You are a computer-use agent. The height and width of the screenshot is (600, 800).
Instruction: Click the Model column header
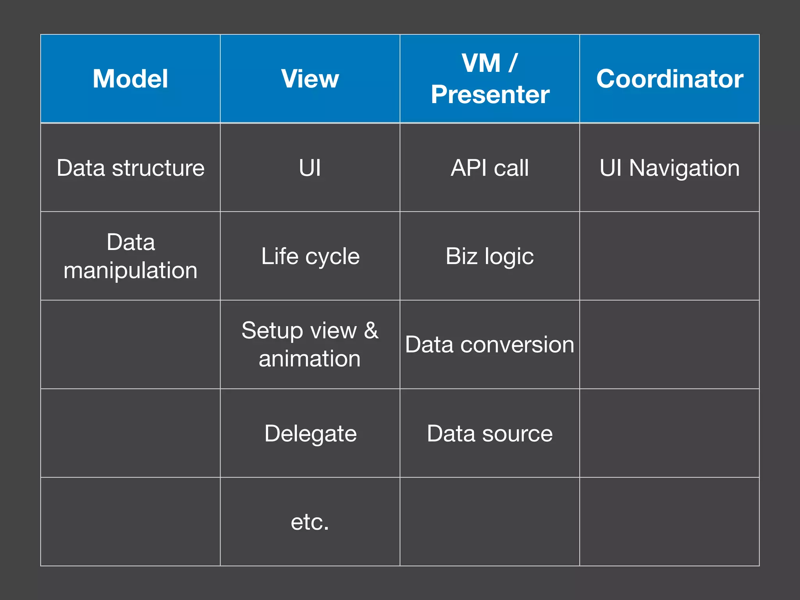(x=130, y=79)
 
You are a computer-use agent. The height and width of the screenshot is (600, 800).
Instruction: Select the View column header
(x=310, y=79)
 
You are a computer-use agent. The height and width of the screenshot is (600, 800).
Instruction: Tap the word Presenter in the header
(x=490, y=95)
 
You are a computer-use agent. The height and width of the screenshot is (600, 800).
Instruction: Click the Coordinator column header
(x=670, y=79)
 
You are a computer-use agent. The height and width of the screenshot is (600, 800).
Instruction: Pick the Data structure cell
(x=130, y=168)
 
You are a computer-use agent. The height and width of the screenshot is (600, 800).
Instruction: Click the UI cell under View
(x=310, y=168)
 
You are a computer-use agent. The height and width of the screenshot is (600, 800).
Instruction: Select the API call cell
(x=489, y=168)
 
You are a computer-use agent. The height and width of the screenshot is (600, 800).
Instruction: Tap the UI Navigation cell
(x=670, y=168)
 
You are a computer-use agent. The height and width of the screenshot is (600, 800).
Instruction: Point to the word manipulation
(x=130, y=270)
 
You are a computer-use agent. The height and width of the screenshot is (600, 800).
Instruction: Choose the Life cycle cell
(x=310, y=256)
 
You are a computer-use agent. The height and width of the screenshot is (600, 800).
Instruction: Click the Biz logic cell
(x=489, y=256)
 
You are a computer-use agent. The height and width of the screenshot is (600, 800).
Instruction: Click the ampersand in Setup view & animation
(x=371, y=330)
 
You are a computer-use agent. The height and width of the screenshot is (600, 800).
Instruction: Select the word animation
(x=309, y=359)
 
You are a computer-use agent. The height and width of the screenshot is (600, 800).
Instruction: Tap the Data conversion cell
(x=489, y=345)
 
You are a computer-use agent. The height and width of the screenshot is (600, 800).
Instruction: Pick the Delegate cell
(x=310, y=433)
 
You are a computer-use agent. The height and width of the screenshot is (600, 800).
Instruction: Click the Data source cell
(x=489, y=433)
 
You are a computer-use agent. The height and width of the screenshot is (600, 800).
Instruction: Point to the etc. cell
(x=310, y=522)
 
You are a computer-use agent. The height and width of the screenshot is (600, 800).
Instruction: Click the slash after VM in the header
(x=513, y=63)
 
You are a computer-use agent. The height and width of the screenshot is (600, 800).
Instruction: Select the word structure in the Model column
(x=158, y=168)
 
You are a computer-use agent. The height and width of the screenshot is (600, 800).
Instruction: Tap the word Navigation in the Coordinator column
(x=684, y=168)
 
